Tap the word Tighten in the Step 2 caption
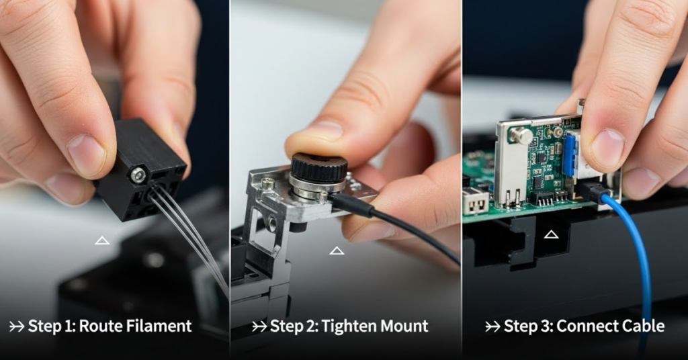pos(347,327)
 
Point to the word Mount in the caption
pos(403,327)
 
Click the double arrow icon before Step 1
pos(17,327)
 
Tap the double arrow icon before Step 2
pos(259,327)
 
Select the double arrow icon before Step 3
pos(493,327)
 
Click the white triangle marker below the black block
pos(102,240)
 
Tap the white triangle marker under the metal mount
pos(337,251)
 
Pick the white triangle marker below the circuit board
pos(551,234)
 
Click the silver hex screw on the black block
pos(138,175)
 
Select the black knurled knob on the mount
pos(318,167)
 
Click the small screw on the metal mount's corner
pos(267,183)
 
